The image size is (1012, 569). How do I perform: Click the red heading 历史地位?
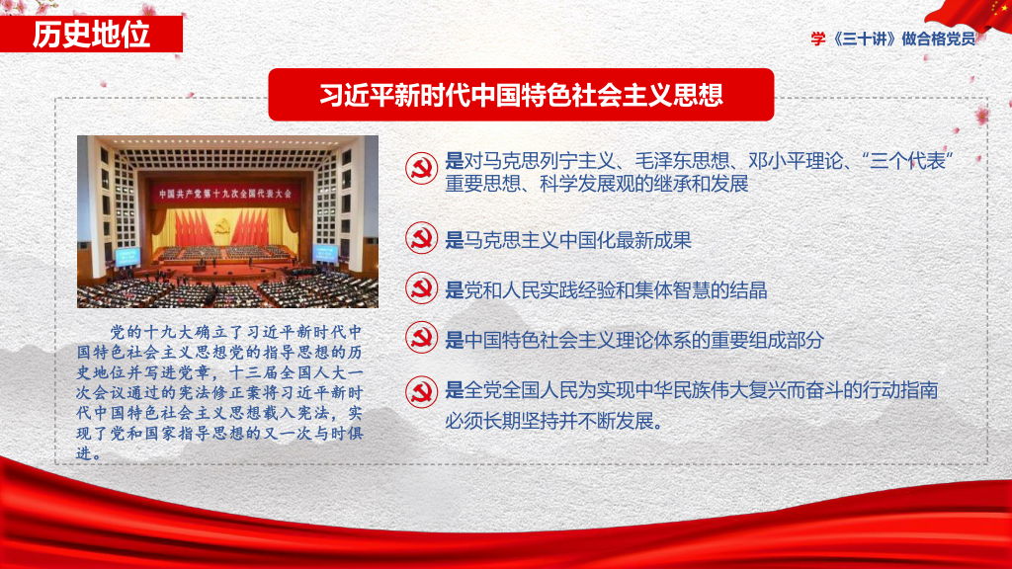(x=91, y=35)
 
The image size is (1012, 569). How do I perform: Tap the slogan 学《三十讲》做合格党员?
(x=893, y=39)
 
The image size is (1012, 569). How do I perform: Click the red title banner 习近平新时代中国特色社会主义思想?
(x=521, y=95)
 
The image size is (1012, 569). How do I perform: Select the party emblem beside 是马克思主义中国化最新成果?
(x=421, y=237)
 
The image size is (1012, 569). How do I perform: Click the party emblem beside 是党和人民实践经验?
(x=421, y=287)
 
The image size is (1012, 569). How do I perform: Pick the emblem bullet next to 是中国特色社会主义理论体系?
(x=421, y=338)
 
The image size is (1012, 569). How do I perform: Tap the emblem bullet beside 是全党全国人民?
(x=421, y=391)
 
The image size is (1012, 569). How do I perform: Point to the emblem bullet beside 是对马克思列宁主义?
(x=421, y=168)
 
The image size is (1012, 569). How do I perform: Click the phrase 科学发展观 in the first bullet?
(x=587, y=184)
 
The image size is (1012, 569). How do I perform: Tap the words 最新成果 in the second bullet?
(x=654, y=241)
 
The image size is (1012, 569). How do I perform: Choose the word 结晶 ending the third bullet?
(x=749, y=290)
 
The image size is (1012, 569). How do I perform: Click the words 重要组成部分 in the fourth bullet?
(x=767, y=340)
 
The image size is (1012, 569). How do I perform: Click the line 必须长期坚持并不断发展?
(x=553, y=421)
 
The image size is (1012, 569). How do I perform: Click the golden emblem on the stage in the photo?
(x=223, y=226)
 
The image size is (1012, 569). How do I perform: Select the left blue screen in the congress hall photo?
(x=127, y=256)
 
